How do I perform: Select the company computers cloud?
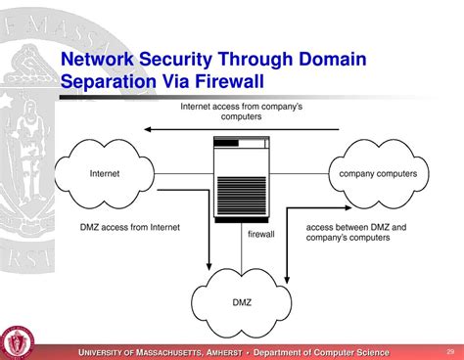[377, 173]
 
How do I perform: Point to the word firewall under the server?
[260, 234]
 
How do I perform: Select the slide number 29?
[451, 351]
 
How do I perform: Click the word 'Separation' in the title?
[111, 83]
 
